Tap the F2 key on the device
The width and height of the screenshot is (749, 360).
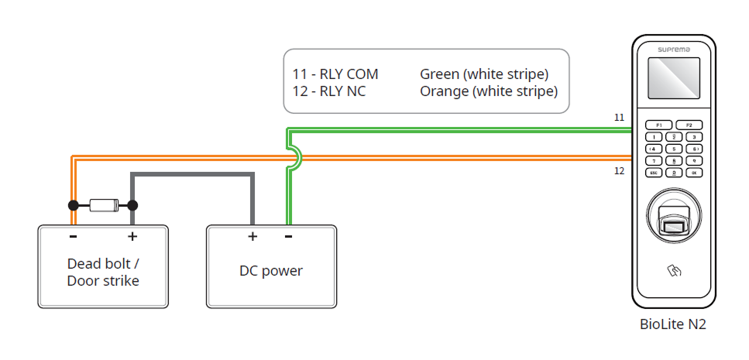[x=689, y=125]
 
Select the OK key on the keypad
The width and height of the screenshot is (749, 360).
[x=695, y=173]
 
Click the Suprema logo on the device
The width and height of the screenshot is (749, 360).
[x=673, y=49]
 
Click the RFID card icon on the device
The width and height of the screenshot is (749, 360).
[x=673, y=271]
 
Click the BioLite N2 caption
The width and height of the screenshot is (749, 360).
[x=673, y=325]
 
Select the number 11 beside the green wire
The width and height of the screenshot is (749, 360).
[x=619, y=118]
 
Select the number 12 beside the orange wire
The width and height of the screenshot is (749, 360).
[x=619, y=170]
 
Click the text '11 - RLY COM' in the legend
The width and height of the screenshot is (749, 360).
[x=335, y=74]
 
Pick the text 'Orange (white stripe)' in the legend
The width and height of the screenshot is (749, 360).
[x=489, y=91]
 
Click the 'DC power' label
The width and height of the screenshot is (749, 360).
[x=271, y=271]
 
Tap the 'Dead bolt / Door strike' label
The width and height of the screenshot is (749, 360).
[x=103, y=272]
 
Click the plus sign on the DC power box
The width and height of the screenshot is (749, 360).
[x=252, y=236]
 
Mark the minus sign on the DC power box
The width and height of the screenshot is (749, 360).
[x=288, y=236]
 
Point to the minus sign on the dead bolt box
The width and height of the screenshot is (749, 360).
[x=73, y=236]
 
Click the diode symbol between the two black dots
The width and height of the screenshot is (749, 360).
[x=103, y=205]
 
